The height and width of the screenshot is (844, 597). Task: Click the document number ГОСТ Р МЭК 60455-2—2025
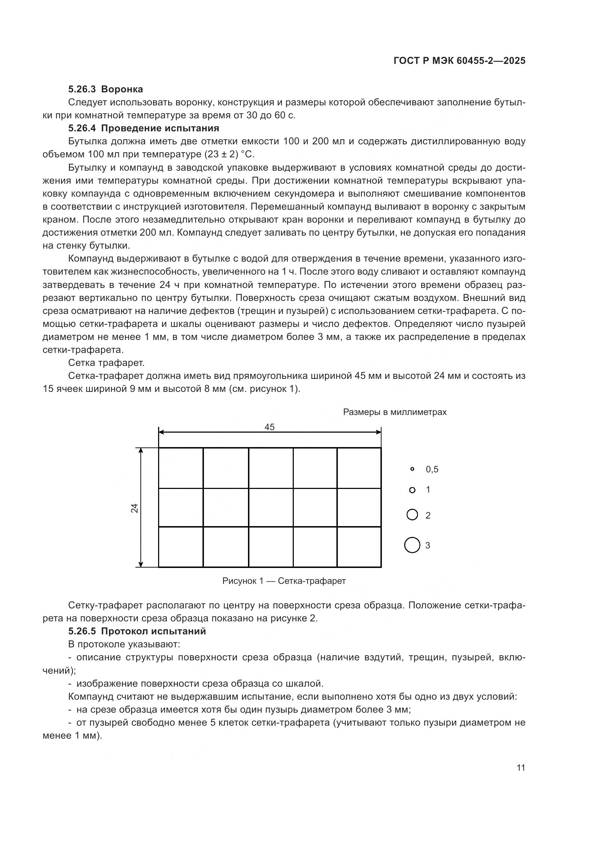[459, 61]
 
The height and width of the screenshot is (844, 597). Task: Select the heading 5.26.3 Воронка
[105, 89]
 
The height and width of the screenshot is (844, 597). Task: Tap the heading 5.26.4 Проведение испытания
[143, 128]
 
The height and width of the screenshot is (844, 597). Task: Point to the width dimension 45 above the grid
[270, 427]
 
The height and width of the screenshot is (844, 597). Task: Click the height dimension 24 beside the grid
[135, 508]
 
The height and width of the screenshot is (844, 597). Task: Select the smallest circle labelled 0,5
[412, 469]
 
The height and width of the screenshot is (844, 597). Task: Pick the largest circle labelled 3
[412, 545]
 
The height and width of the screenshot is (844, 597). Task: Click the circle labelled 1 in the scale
[412, 490]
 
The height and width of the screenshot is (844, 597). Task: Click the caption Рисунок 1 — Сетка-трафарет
[284, 581]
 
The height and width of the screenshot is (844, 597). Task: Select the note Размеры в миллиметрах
[395, 412]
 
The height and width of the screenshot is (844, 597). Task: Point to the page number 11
[520, 768]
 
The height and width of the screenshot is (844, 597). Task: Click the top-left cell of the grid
[180, 468]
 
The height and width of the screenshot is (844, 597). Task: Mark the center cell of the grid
[271, 507]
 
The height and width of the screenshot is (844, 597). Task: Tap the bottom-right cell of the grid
[359, 547]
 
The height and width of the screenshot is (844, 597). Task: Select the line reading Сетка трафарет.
[106, 363]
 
